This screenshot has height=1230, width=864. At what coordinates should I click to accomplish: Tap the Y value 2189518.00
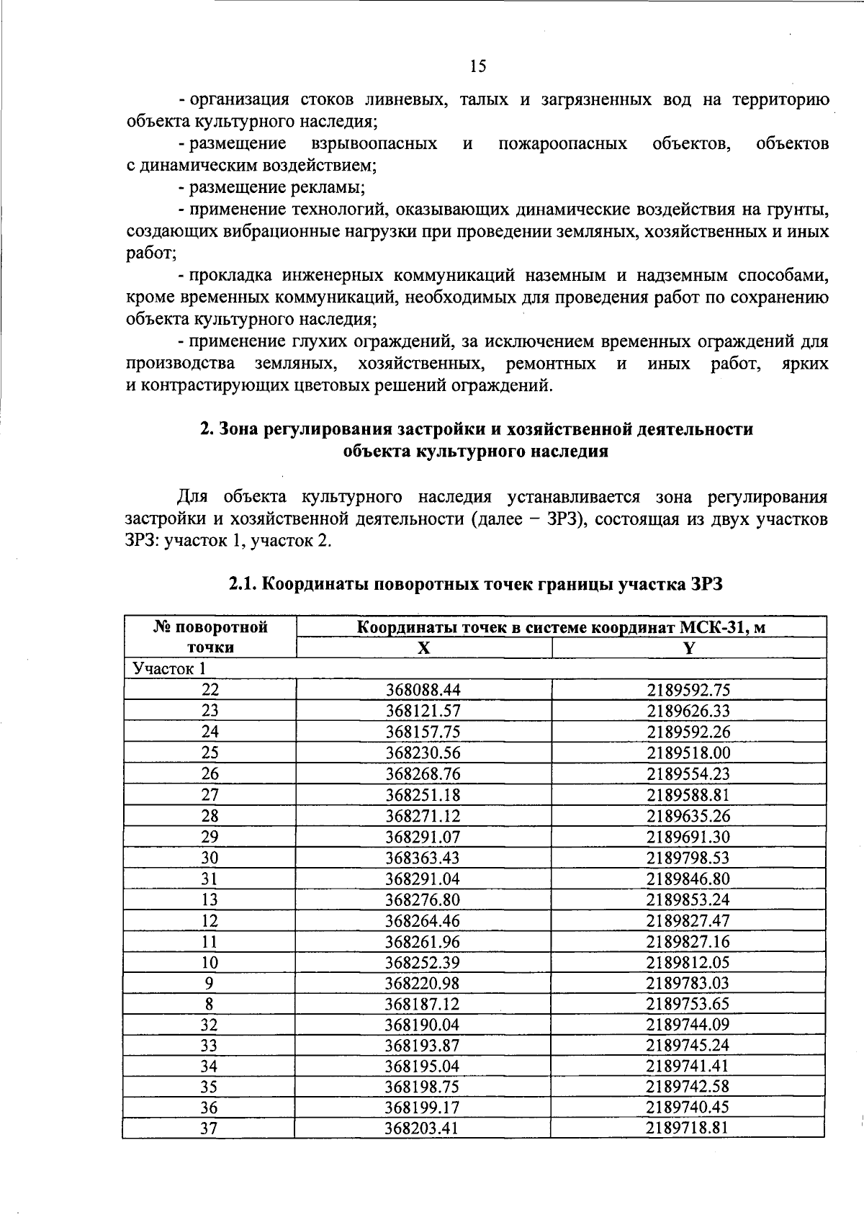[688, 753]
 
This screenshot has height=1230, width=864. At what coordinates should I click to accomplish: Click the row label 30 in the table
[210, 858]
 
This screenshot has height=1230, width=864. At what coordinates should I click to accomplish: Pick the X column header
[424, 647]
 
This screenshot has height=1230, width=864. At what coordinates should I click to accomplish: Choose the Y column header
[689, 647]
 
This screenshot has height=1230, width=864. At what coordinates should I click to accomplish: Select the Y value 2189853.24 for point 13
[688, 899]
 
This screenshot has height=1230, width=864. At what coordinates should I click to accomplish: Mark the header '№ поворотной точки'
[210, 637]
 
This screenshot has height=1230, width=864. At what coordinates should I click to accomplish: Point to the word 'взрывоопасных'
[374, 143]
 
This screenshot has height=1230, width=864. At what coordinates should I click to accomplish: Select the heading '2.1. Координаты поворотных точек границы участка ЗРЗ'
[475, 585]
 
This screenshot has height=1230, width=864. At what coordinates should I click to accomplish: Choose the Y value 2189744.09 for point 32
[688, 1025]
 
